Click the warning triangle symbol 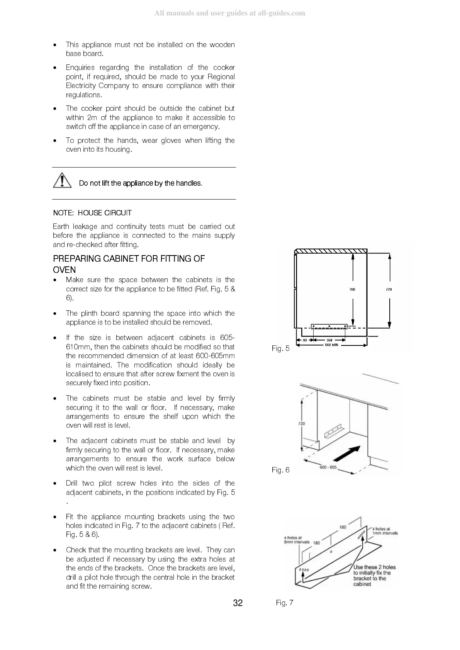pyautogui.click(x=62, y=181)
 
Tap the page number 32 pyautogui.click(x=238, y=603)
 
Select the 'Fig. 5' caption pyautogui.click(x=280, y=349)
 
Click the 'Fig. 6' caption pyautogui.click(x=280, y=470)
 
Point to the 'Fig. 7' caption pyautogui.click(x=285, y=603)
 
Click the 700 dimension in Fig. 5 pyautogui.click(x=352, y=289)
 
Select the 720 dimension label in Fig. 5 pyautogui.click(x=389, y=289)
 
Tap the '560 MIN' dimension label pyautogui.click(x=331, y=345)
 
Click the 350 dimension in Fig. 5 pyautogui.click(x=329, y=340)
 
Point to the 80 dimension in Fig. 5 pyautogui.click(x=304, y=340)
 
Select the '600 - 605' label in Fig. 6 pyautogui.click(x=328, y=467)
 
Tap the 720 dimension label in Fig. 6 pyautogui.click(x=302, y=423)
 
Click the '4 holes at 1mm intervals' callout pyautogui.click(x=385, y=531)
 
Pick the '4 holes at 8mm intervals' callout pyautogui.click(x=297, y=540)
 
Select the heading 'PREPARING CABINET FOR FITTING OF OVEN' pyautogui.click(x=129, y=264)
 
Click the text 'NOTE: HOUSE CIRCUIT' pyautogui.click(x=92, y=213)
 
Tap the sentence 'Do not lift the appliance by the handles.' pyautogui.click(x=141, y=183)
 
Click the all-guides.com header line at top pyautogui.click(x=230, y=13)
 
